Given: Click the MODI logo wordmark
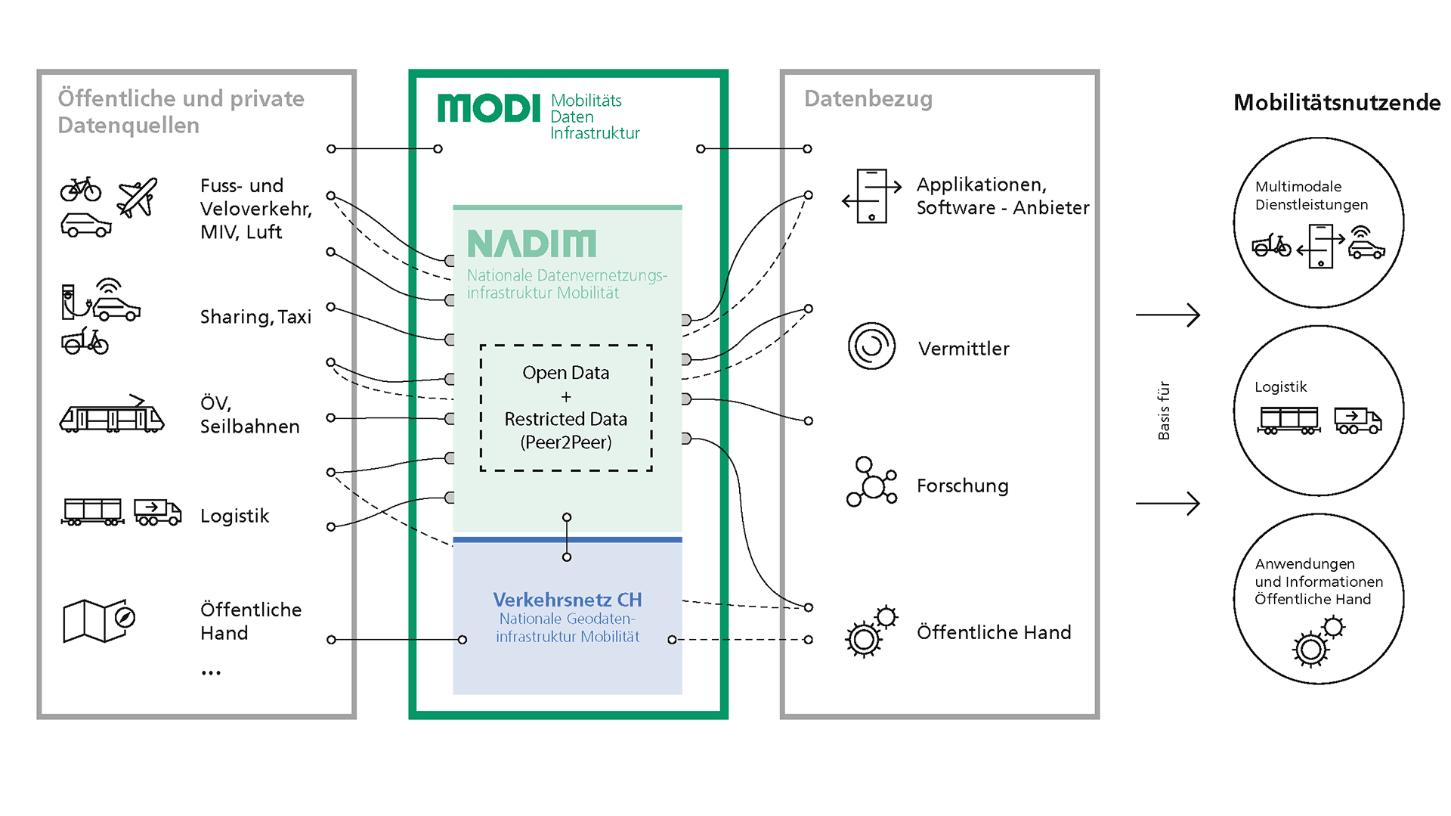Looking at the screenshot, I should click(489, 109).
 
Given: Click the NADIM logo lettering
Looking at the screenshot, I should click(531, 244).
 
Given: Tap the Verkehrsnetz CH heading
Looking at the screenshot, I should click(567, 600).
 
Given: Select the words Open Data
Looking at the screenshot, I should click(565, 373).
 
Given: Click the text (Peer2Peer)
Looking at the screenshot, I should click(565, 442).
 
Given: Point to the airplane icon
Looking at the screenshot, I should click(137, 197).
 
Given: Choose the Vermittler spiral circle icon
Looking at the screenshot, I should click(871, 346).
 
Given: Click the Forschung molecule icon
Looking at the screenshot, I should click(871, 482).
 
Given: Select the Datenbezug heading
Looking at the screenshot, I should click(868, 99).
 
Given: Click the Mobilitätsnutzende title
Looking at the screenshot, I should click(1336, 103).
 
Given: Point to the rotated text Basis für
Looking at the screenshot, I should click(1164, 411).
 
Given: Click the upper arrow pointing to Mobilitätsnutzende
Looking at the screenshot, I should click(1168, 315).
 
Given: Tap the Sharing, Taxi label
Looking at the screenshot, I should click(255, 317).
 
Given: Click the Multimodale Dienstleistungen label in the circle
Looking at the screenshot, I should click(1311, 196).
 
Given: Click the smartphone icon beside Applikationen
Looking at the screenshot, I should click(871, 197).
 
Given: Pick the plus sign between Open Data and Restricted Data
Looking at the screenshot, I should click(566, 397).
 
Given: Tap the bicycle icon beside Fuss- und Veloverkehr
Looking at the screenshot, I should click(81, 189).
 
